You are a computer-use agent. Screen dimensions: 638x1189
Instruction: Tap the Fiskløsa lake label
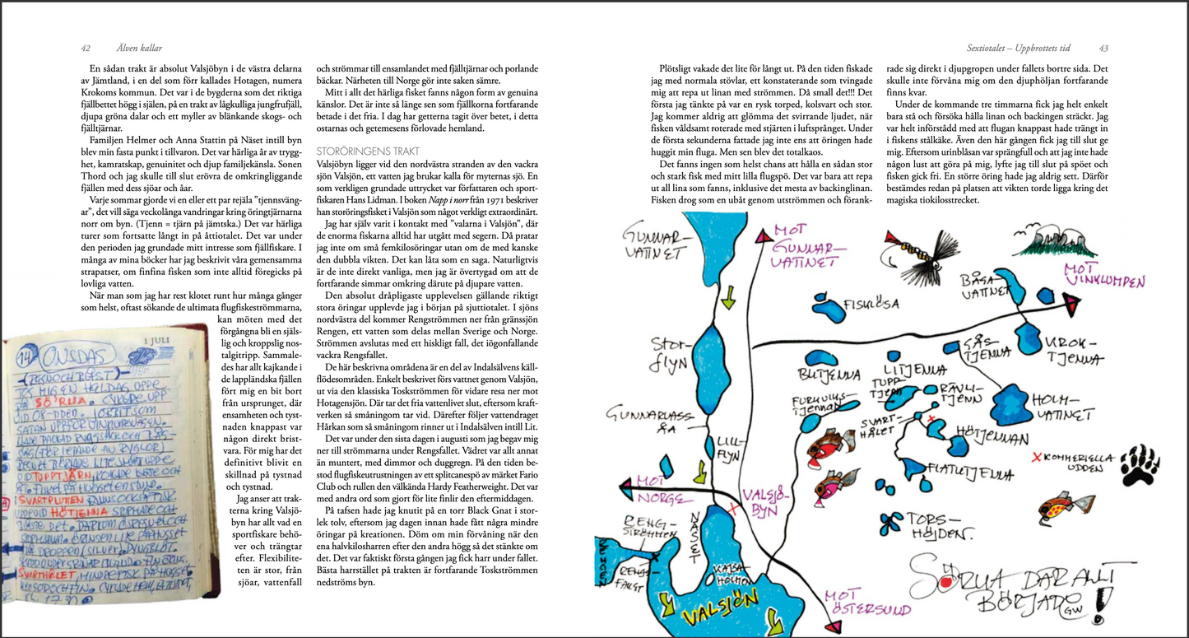(x=852, y=303)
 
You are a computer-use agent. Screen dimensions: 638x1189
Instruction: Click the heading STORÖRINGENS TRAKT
(x=368, y=151)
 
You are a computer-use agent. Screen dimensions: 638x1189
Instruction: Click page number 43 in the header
(x=1103, y=48)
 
